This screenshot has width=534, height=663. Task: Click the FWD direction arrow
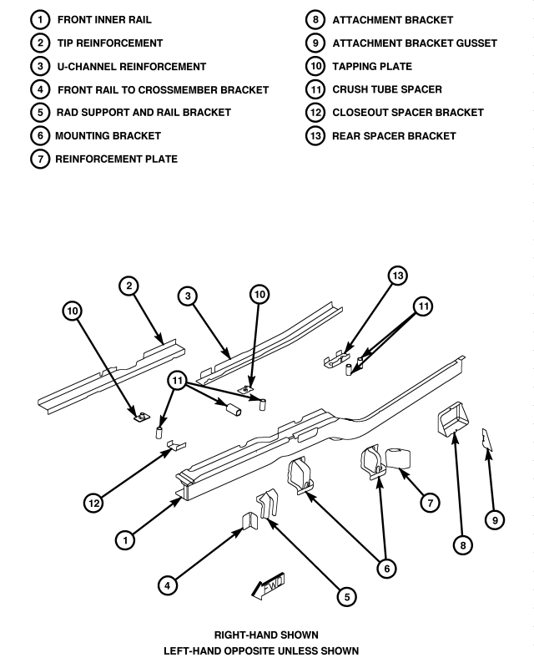point(269,586)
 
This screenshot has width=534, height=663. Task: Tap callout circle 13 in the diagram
point(398,276)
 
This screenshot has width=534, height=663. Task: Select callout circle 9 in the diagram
point(495,520)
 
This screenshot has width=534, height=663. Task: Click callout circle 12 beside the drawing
point(93,504)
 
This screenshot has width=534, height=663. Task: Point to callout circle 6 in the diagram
point(387,569)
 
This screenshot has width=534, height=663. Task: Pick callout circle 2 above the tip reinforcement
point(129,286)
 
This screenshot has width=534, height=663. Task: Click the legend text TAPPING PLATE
point(372,67)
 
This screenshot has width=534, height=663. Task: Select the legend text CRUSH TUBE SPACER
point(387,89)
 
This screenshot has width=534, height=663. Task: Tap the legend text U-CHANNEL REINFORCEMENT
point(132,67)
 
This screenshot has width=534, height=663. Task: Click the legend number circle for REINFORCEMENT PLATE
point(40,159)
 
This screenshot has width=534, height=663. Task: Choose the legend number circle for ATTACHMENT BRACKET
point(315,20)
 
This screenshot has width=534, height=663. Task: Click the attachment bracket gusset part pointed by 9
point(486,440)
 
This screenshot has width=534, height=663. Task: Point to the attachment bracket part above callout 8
point(453,419)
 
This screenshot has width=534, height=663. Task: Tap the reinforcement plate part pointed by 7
point(398,458)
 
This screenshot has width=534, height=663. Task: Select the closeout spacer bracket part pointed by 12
point(176,445)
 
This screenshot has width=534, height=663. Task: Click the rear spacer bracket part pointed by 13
point(337,358)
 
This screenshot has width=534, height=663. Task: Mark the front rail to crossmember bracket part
point(249,520)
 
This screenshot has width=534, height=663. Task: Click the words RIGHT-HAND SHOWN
point(266,635)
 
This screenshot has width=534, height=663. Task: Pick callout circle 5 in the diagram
point(347,596)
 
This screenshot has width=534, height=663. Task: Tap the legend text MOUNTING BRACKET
point(108,136)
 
